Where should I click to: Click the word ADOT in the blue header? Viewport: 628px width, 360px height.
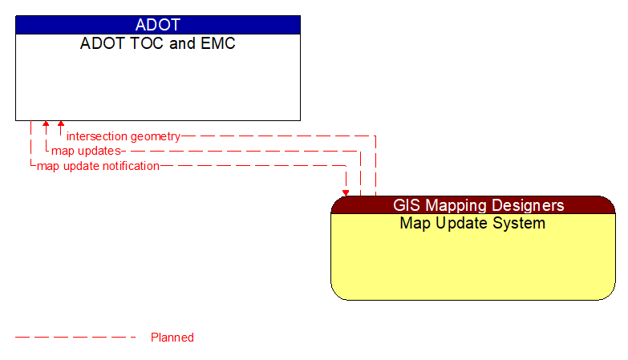click(x=157, y=25)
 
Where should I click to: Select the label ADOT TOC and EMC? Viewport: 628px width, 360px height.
click(x=157, y=43)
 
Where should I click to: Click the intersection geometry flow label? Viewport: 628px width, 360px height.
click(x=124, y=136)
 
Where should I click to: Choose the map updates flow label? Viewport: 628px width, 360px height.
click(x=86, y=151)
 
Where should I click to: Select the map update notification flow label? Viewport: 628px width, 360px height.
click(x=98, y=166)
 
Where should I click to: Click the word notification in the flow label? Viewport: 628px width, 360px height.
click(x=128, y=166)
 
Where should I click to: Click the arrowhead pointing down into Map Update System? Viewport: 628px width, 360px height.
click(x=346, y=192)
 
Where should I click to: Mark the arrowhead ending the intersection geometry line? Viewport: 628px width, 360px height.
click(x=61, y=125)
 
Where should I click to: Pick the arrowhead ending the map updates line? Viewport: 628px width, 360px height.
click(x=46, y=125)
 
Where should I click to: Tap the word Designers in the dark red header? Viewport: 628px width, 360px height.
click(x=525, y=205)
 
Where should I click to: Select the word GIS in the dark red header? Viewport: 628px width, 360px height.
click(x=406, y=205)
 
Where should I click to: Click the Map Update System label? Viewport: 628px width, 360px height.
click(x=472, y=224)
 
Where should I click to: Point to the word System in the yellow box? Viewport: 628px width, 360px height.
click(x=521, y=224)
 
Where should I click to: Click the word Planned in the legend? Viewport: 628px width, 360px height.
click(x=172, y=338)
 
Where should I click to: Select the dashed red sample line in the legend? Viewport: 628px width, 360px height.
click(x=75, y=338)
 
